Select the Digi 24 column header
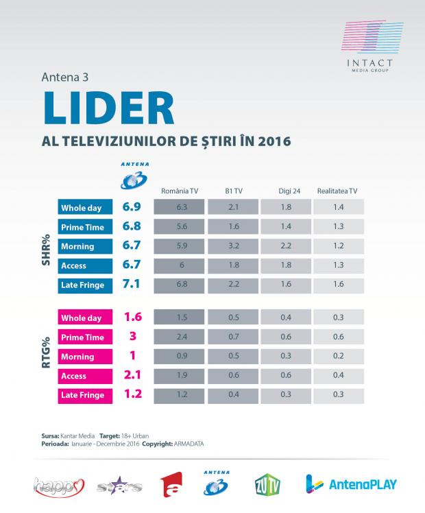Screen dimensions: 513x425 [x=284, y=191]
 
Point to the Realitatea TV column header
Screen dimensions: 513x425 [x=338, y=191]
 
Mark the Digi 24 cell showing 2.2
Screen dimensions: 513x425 [x=284, y=246]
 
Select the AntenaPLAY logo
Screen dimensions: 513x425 [x=351, y=484]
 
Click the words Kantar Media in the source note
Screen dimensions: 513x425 [x=77, y=436]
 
